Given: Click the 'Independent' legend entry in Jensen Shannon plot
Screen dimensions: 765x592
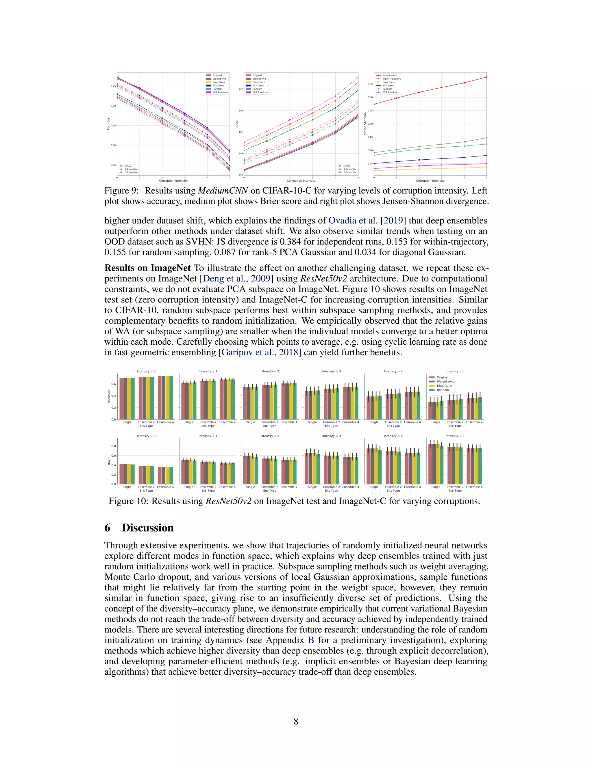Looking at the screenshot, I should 390,75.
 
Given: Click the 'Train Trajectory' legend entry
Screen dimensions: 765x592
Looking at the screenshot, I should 391,79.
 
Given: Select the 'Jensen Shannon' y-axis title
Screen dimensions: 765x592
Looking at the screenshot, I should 365,124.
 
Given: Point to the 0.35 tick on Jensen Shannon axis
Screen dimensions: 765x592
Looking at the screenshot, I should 370,84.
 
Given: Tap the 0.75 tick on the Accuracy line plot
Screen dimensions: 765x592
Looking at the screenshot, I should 113,86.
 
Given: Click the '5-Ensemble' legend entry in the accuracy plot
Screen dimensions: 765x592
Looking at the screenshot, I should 131,172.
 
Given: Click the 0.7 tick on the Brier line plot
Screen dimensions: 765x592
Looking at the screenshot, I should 241,89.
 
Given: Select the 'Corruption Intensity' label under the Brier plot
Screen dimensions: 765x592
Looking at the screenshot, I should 301,181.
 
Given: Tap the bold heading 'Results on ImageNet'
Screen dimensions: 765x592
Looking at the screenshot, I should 148,268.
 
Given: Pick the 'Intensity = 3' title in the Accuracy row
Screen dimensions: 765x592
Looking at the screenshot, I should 331,371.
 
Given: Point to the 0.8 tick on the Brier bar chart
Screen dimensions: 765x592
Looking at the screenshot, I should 114,446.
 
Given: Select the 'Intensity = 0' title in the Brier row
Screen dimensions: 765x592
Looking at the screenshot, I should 146,436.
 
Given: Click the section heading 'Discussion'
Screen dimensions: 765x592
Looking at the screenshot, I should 148,528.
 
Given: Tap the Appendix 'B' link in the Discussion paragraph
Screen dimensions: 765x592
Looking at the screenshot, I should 311,640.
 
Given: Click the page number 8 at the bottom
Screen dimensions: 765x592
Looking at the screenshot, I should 296,721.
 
